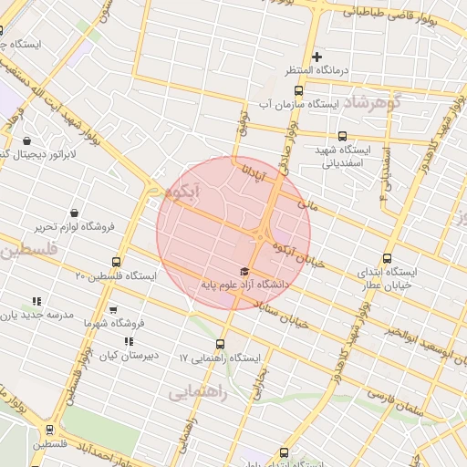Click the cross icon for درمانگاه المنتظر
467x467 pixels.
pyautogui.click(x=317, y=57)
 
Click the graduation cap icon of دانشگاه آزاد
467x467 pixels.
pyautogui.click(x=243, y=271)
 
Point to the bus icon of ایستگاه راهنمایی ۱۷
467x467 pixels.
pyautogui.click(x=220, y=344)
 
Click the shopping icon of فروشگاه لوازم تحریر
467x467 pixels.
pyautogui.click(x=74, y=213)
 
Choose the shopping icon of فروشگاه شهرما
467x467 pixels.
pyautogui.click(x=113, y=310)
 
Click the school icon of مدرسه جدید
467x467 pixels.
pyautogui.click(x=36, y=301)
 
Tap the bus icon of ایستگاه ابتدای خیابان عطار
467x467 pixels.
pyautogui.click(x=388, y=258)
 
